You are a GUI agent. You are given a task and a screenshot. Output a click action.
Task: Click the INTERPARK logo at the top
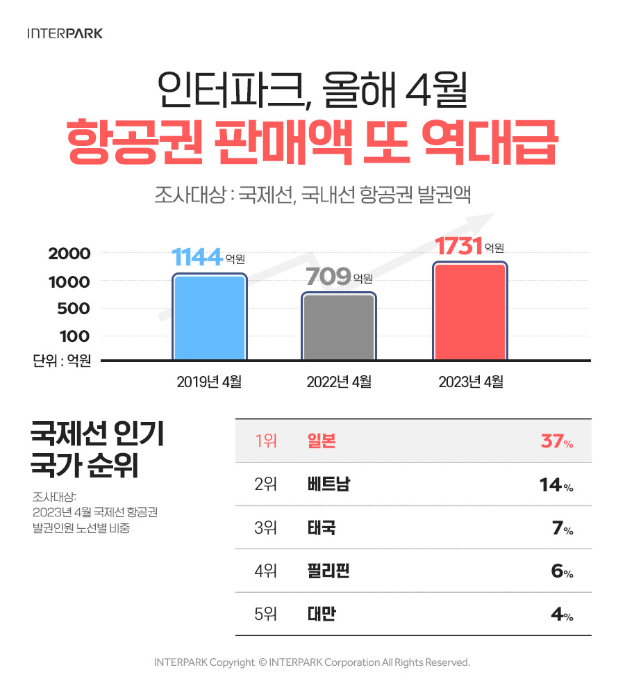click(65, 33)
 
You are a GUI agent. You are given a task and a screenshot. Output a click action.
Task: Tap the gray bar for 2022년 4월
click(338, 327)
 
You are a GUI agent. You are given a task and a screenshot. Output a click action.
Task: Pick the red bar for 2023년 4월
click(469, 311)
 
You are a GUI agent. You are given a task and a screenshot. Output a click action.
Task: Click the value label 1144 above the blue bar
click(197, 258)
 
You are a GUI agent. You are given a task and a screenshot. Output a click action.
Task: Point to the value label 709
click(328, 277)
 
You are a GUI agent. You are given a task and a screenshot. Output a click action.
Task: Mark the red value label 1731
click(458, 247)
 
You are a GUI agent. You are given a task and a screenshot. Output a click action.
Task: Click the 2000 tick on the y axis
click(69, 254)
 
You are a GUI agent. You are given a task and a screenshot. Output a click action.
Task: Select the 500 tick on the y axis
click(75, 309)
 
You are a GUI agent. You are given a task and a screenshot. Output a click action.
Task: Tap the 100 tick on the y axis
click(75, 336)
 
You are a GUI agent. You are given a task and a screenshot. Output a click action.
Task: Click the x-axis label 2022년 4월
click(339, 382)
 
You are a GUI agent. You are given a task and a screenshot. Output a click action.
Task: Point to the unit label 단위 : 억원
click(62, 361)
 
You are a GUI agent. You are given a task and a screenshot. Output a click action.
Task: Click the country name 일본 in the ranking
click(321, 441)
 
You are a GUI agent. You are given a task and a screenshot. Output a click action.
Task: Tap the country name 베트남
click(328, 484)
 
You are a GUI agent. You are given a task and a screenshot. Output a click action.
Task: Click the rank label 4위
click(266, 571)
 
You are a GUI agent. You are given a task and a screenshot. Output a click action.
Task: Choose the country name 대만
click(321, 614)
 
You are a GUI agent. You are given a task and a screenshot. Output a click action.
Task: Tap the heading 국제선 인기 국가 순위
click(97, 450)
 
